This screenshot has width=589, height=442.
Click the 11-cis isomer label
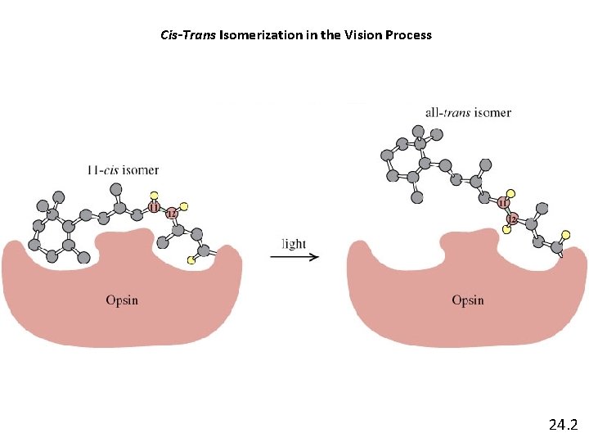click(123, 170)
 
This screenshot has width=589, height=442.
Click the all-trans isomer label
click(468, 112)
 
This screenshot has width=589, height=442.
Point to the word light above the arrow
click(294, 243)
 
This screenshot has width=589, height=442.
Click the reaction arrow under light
click(294, 257)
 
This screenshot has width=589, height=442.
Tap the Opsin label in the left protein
click(122, 300)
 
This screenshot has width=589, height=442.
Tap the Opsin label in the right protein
click(468, 300)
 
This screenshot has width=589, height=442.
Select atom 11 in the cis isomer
click(155, 208)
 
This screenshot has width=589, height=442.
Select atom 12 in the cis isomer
click(171, 214)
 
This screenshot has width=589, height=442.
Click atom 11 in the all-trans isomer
click(504, 202)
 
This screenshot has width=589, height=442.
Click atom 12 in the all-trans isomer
click(513, 219)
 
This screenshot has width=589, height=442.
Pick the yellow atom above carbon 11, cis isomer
click(152, 195)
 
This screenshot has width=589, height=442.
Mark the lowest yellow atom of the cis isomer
click(191, 259)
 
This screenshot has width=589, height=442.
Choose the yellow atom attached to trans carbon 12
click(507, 230)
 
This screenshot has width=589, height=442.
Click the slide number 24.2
click(563, 424)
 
